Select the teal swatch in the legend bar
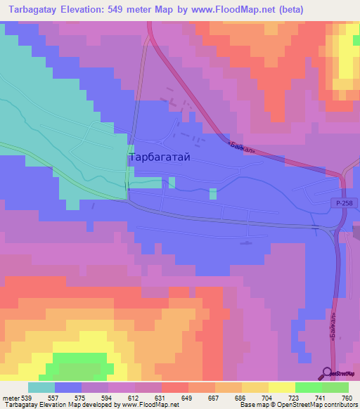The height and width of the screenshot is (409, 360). pos(41,387)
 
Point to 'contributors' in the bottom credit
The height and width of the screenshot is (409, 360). pos(340,405)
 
